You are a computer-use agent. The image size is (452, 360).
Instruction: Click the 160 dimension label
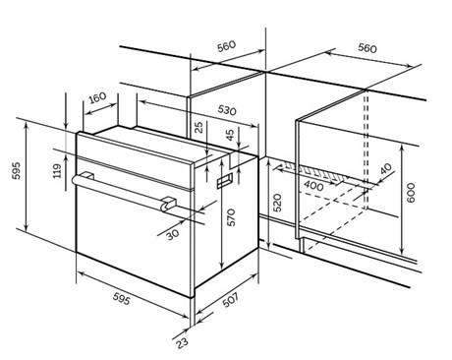(x=97, y=97)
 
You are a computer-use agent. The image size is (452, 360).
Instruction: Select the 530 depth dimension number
(x=227, y=110)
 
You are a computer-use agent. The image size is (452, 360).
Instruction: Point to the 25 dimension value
(x=198, y=127)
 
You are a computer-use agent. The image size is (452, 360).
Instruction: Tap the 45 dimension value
(x=230, y=135)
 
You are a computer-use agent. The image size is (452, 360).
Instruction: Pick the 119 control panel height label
(x=57, y=171)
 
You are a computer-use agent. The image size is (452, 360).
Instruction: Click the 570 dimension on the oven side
(x=231, y=217)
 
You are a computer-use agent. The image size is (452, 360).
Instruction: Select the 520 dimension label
(x=277, y=203)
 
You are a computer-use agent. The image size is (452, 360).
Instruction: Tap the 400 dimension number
(x=313, y=186)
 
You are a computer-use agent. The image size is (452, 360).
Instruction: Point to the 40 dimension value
(x=386, y=168)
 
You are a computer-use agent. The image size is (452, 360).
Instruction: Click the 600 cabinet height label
(x=411, y=193)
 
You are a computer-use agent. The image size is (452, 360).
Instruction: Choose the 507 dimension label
(x=230, y=300)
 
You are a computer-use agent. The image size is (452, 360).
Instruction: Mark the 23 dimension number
(x=182, y=342)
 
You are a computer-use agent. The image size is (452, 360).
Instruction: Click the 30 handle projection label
(x=172, y=234)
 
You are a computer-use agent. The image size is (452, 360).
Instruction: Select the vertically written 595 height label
(x=16, y=170)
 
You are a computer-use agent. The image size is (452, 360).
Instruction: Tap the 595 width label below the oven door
(x=122, y=298)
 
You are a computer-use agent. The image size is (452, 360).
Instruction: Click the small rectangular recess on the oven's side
(x=225, y=181)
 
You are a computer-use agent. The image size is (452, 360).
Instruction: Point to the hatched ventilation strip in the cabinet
(x=313, y=171)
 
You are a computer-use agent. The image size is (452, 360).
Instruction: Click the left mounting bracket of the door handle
(x=87, y=175)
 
